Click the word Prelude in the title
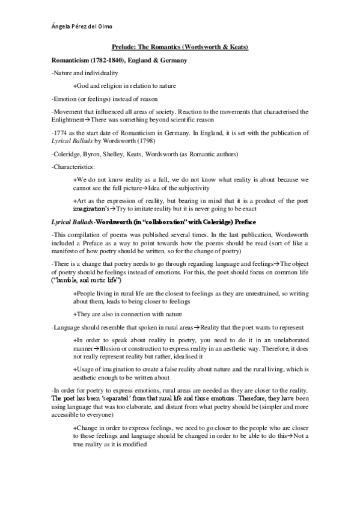point(124,46)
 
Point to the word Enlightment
point(70,120)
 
